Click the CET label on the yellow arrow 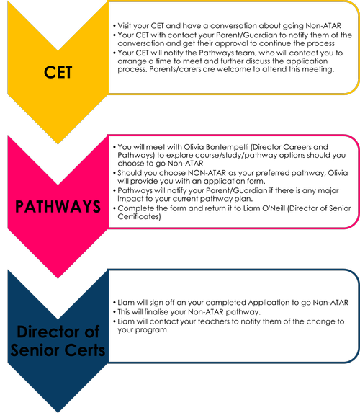[x=58, y=72]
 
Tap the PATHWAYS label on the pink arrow [x=58, y=206]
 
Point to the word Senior [x=38, y=350]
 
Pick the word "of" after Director [x=90, y=332]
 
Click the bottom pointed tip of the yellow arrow [x=58, y=143]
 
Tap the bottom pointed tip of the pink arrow [x=58, y=277]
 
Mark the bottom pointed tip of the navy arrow [x=58, y=411]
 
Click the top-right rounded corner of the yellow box [x=354, y=6]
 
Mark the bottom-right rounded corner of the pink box [x=354, y=222]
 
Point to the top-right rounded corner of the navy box [x=354, y=275]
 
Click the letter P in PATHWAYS [x=20, y=206]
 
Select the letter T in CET [x=68, y=72]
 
